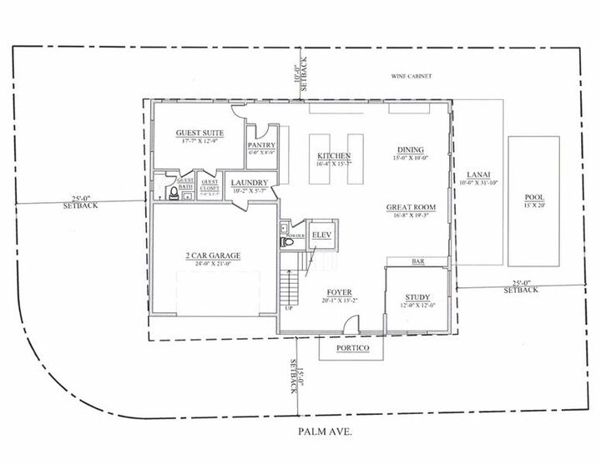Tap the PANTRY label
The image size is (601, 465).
coord(262,145)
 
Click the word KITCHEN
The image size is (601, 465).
coord(333,157)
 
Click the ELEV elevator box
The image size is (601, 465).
coord(321,235)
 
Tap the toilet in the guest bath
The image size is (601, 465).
coord(173,194)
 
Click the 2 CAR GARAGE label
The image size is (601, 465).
coord(213,255)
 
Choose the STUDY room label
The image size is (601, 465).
coord(417,297)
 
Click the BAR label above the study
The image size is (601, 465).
coord(417,262)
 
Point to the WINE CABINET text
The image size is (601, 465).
coord(411,77)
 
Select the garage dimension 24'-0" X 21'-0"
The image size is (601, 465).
coord(213,265)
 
